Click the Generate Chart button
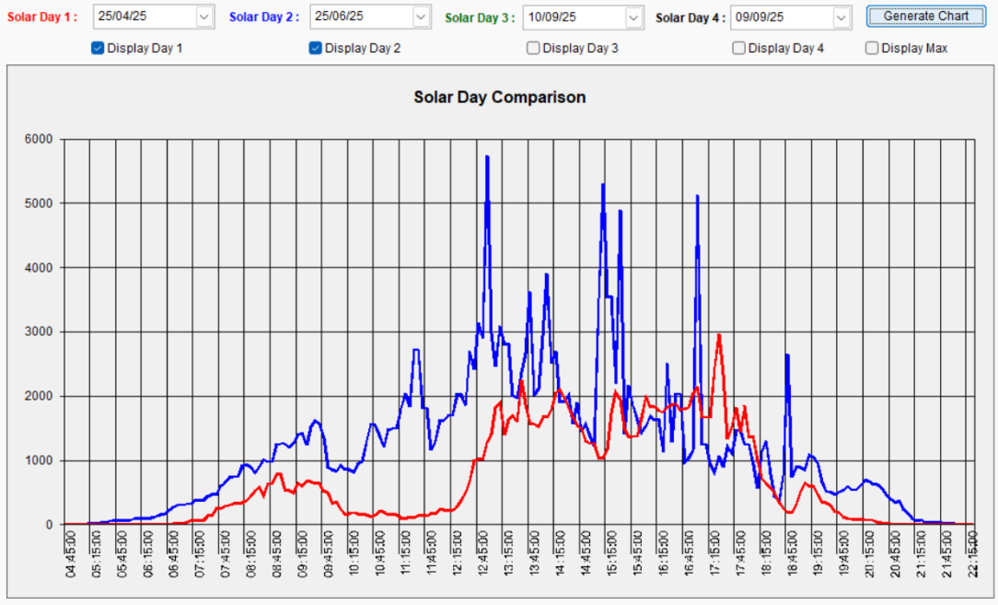pyautogui.click(x=925, y=17)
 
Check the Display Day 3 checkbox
pyautogui.click(x=533, y=49)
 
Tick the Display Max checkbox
pyautogui.click(x=872, y=49)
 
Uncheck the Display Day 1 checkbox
pyautogui.click(x=98, y=49)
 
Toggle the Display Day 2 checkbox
pyautogui.click(x=315, y=49)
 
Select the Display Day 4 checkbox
pyautogui.click(x=738, y=49)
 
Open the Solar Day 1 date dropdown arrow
pyautogui.click(x=203, y=17)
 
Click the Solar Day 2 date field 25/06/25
pyautogui.click(x=359, y=17)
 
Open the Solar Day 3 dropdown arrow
pyautogui.click(x=633, y=17)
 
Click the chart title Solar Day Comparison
pyautogui.click(x=499, y=97)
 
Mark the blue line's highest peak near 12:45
pyautogui.click(x=487, y=157)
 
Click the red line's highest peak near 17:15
pyautogui.click(x=718, y=335)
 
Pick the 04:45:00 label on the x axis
pyautogui.click(x=70, y=553)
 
